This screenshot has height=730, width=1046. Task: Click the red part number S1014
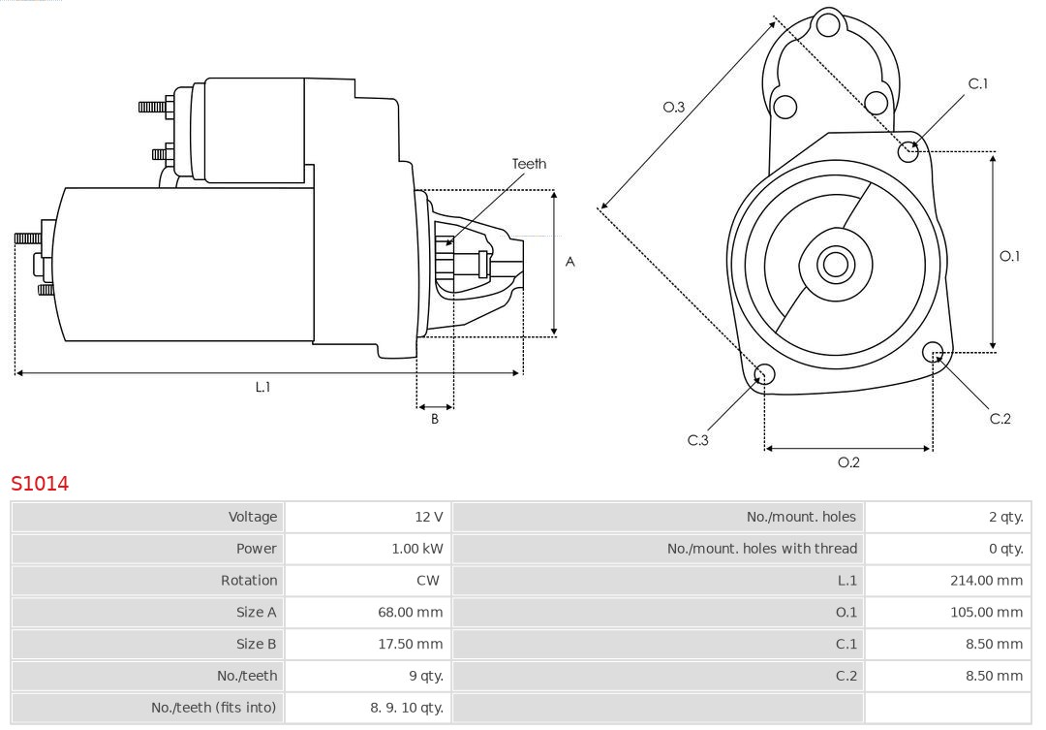[x=40, y=483]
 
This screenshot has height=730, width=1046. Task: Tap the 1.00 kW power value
[x=417, y=549]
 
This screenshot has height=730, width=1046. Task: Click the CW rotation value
[x=427, y=581]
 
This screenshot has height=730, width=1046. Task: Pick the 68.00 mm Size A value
[x=410, y=612]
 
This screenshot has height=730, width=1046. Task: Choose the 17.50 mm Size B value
[x=410, y=644]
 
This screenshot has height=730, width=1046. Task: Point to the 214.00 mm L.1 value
[x=986, y=581]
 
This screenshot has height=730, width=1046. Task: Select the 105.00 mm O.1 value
[x=986, y=612]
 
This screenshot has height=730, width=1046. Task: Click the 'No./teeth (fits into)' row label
[x=213, y=708]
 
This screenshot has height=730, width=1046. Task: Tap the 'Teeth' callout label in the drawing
[x=529, y=164]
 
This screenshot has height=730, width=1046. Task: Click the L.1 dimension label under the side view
[x=262, y=387]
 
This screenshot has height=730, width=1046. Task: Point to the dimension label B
[x=435, y=420]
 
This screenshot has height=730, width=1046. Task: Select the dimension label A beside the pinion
[x=570, y=262]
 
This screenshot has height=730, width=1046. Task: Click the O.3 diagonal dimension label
[x=674, y=107]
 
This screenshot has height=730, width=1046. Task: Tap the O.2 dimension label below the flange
[x=848, y=462]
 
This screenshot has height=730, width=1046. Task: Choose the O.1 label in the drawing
[x=1009, y=256]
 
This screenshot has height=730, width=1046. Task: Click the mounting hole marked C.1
[x=908, y=150]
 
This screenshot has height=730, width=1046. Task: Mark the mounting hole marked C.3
[x=764, y=375]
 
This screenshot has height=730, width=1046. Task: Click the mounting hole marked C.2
[x=933, y=351]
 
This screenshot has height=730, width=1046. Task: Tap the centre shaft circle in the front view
[x=835, y=265]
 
